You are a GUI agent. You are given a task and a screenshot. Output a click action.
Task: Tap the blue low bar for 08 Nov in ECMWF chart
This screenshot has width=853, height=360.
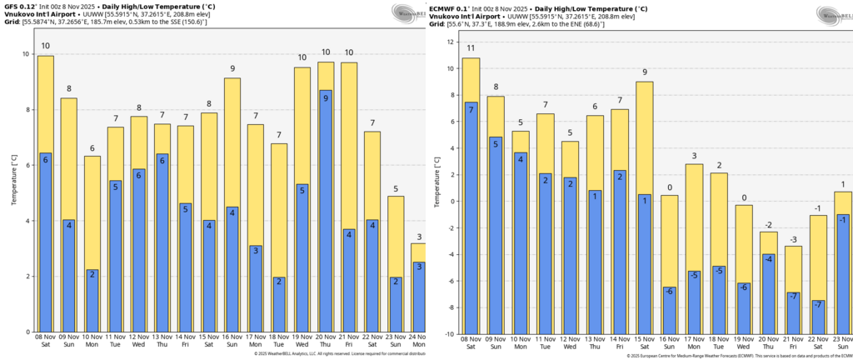coord(471,217)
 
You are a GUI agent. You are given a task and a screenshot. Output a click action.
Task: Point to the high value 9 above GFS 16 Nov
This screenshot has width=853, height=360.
coord(232,69)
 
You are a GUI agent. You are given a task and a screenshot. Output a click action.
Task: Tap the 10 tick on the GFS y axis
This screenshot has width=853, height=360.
coord(27,54)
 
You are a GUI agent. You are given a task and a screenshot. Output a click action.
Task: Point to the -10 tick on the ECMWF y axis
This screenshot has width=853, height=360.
coord(449,334)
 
